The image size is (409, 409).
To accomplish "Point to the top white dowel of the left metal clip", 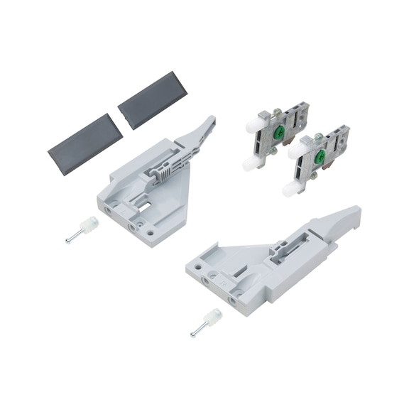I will click(x=253, y=124).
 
